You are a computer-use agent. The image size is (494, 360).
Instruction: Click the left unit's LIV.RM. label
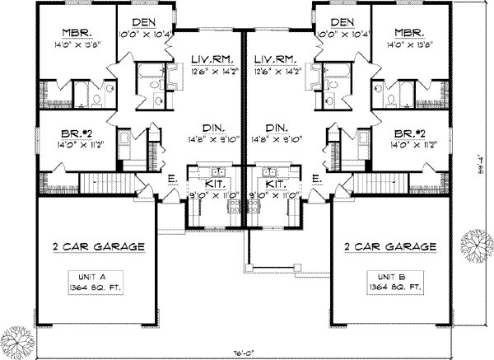tap(210, 59)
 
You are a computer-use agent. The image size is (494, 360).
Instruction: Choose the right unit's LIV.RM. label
tap(275, 59)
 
